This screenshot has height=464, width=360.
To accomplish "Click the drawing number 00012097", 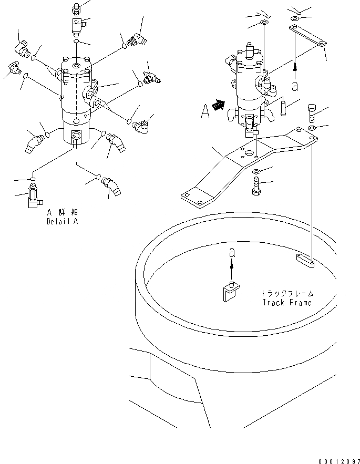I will tap(338, 460).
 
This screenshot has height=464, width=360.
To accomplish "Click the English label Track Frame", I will tap(286, 302).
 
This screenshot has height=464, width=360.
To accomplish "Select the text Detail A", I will tap(62, 221).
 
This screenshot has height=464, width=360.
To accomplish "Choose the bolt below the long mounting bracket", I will tap(256, 186).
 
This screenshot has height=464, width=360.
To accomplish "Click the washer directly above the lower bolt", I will tap(256, 171).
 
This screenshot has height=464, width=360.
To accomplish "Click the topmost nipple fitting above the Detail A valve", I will tap(77, 8).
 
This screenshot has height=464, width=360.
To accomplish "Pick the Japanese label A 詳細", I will tap(62, 213).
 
